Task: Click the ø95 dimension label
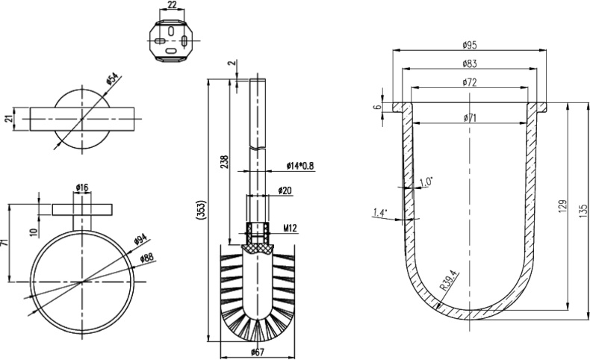471,45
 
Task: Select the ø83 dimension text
471,63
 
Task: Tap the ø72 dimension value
471,82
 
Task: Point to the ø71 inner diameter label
471,117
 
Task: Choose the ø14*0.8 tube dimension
299,166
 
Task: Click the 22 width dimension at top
172,5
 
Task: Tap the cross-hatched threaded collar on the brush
255,240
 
